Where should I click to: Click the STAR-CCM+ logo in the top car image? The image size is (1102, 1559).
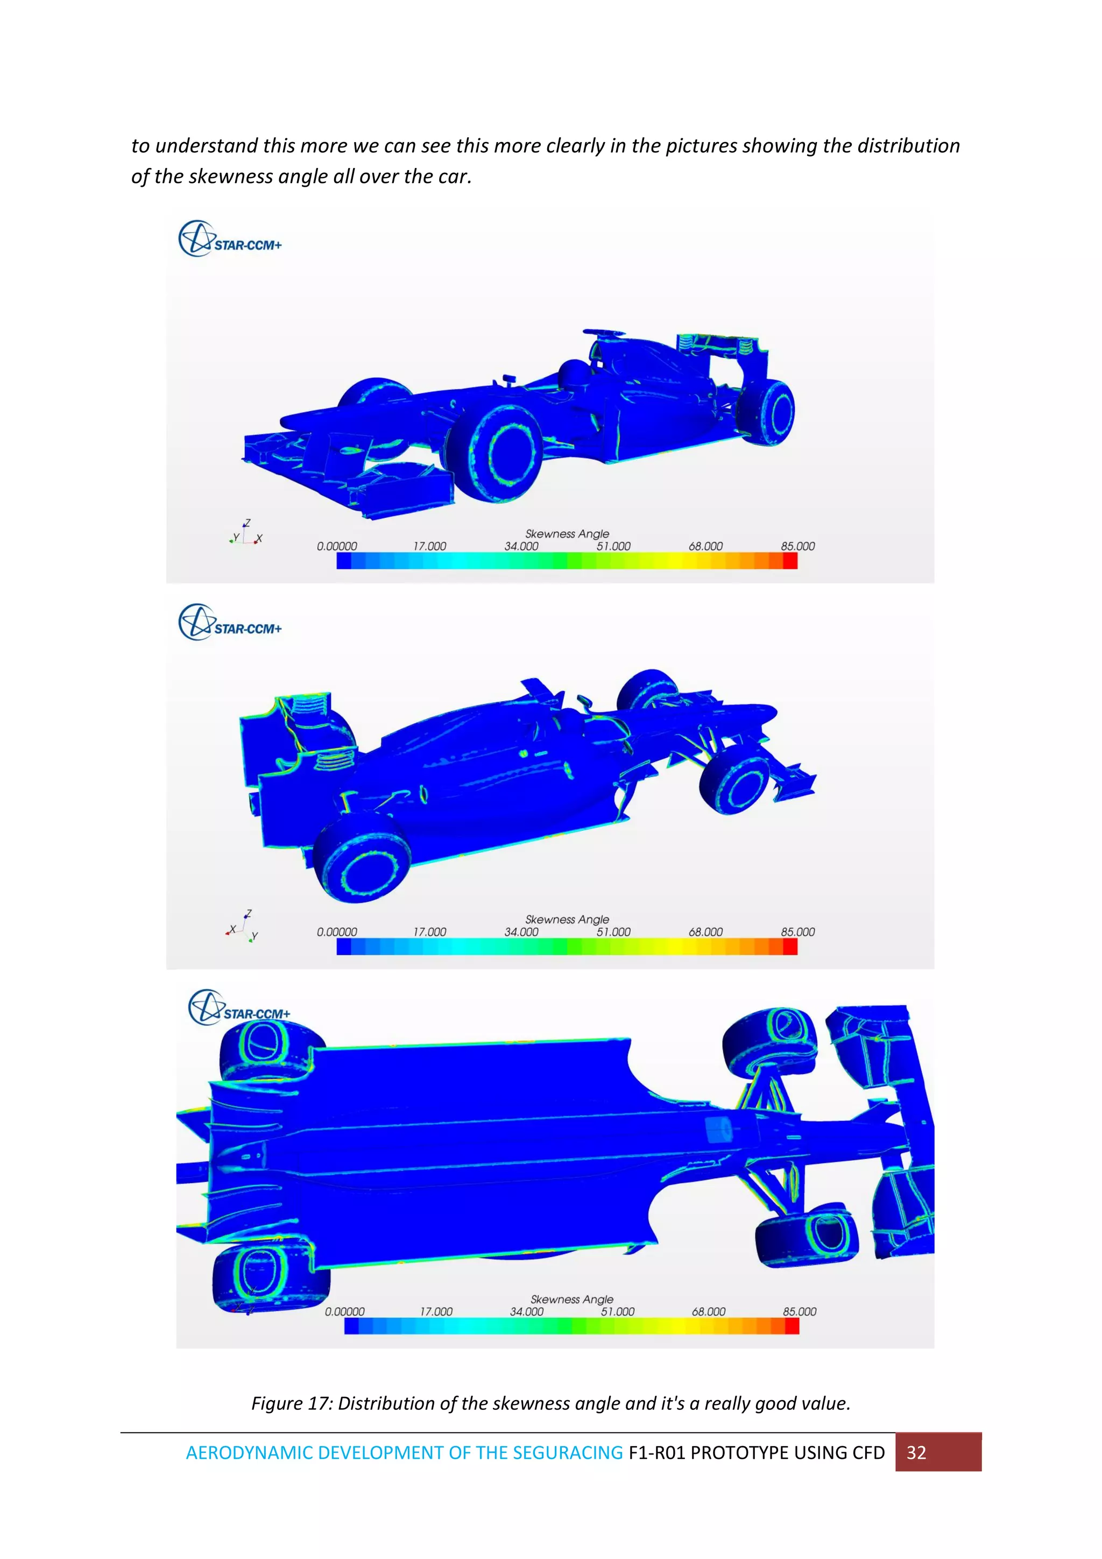[230, 239]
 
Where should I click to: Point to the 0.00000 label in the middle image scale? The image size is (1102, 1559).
[337, 932]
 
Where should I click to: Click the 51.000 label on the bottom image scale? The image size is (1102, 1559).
[617, 1311]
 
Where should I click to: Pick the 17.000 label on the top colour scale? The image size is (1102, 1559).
[430, 546]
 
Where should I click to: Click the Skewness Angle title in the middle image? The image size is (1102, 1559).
[567, 919]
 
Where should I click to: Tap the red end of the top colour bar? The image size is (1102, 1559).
[790, 560]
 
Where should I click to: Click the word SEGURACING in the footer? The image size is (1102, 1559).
[568, 1452]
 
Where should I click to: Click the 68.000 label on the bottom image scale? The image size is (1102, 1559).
[708, 1311]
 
